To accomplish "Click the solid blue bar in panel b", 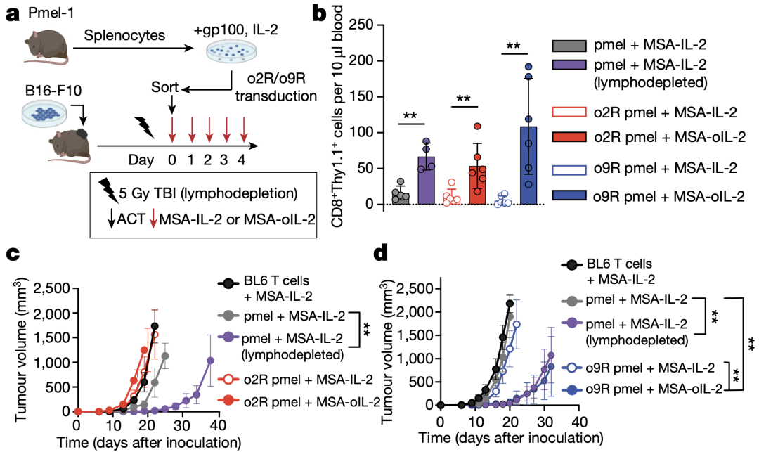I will coord(527,166).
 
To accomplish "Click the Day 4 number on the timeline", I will coord(243,160).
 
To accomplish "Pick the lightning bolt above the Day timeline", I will coord(145,127).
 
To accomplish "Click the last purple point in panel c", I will coord(209,360).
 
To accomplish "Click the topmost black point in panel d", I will coord(510,304).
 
